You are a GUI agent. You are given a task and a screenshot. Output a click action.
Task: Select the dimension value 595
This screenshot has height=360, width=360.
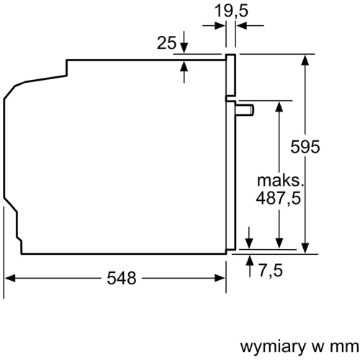pyautogui.click(x=305, y=148)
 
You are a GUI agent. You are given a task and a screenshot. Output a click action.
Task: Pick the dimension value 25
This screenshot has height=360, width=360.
pyautogui.click(x=166, y=43)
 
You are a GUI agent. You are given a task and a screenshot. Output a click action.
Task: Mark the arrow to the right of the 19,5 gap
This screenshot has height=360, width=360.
pyautogui.click(x=241, y=25)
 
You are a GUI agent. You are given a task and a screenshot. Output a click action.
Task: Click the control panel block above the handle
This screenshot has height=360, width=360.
pyautogui.click(x=231, y=76)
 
